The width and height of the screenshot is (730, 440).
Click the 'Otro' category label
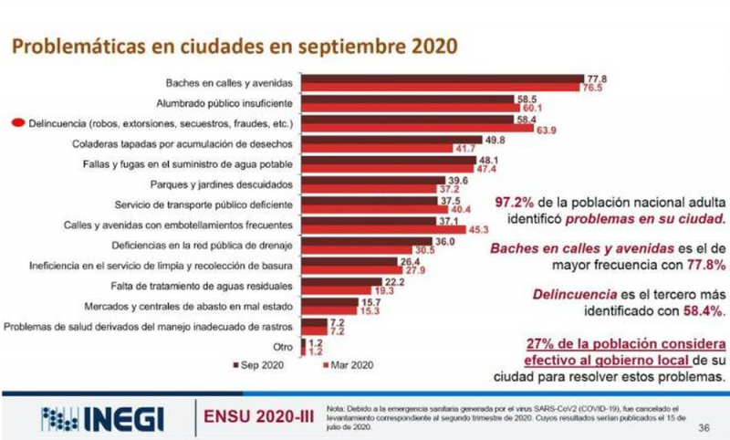pyautogui.click(x=285, y=346)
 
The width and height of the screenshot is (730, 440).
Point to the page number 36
pyautogui.click(x=704, y=426)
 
